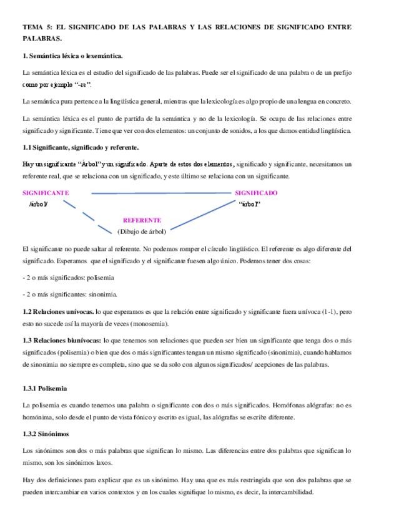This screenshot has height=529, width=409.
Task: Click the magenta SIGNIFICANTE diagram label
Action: click(x=46, y=193)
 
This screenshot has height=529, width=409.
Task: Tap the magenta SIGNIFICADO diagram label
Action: click(x=257, y=193)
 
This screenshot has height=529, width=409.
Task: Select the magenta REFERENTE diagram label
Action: click(x=142, y=220)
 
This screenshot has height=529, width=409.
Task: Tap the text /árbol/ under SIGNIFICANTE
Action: click(x=38, y=204)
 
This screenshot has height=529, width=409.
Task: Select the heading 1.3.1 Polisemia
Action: click(x=44, y=388)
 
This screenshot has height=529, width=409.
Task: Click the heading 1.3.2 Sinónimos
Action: click(x=45, y=434)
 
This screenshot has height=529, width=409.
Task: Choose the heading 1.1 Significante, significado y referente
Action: click(x=80, y=147)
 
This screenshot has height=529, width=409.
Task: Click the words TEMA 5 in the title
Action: click(x=37, y=27)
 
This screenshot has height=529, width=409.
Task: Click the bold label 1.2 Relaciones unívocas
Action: click(x=58, y=311)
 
